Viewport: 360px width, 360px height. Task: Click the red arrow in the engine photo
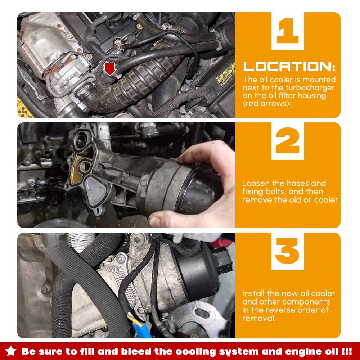[x=110, y=69]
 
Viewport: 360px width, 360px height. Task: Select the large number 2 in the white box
[x=287, y=140]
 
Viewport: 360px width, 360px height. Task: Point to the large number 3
[x=287, y=251]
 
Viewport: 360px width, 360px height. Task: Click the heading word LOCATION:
[x=289, y=67]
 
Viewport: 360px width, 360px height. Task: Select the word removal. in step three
[x=259, y=318]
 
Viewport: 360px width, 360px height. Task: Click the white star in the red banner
[x=11, y=351]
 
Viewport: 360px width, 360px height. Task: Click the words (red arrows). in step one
[x=266, y=104]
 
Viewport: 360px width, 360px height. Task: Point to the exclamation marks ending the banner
[x=347, y=351]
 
